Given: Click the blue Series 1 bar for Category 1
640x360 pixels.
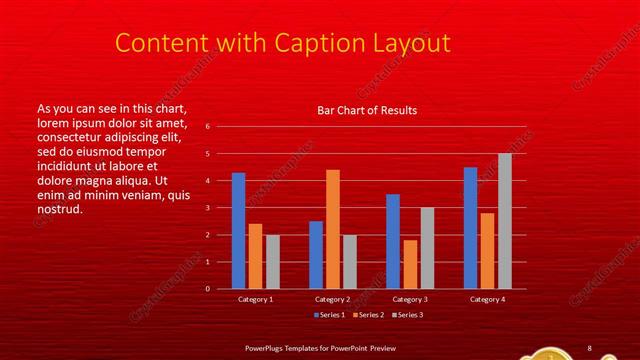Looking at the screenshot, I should [x=238, y=231].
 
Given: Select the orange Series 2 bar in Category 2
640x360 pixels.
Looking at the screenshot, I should [x=333, y=229].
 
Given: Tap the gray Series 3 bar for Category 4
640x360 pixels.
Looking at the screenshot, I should [x=504, y=221].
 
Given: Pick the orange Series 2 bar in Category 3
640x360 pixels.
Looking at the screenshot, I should [x=410, y=264].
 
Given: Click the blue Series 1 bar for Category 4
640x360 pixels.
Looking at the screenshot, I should [x=470, y=228].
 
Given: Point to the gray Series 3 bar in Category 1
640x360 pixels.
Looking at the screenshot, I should [x=272, y=262].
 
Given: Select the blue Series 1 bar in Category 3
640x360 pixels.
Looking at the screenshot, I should [x=393, y=241].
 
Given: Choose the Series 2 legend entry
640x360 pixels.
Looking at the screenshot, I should [x=367, y=315].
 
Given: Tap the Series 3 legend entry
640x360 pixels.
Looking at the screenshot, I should [x=406, y=315].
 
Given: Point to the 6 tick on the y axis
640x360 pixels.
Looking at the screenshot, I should [x=207, y=127].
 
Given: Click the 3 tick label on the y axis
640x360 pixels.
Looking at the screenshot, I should [x=207, y=208].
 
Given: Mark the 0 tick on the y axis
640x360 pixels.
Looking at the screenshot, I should [x=207, y=289].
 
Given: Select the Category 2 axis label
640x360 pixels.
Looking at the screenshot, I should [x=333, y=299].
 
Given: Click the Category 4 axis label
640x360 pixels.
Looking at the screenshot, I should [x=487, y=299].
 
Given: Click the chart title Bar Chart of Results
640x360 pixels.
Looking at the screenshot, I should [x=367, y=110].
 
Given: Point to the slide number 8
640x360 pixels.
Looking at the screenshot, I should [x=589, y=347].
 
